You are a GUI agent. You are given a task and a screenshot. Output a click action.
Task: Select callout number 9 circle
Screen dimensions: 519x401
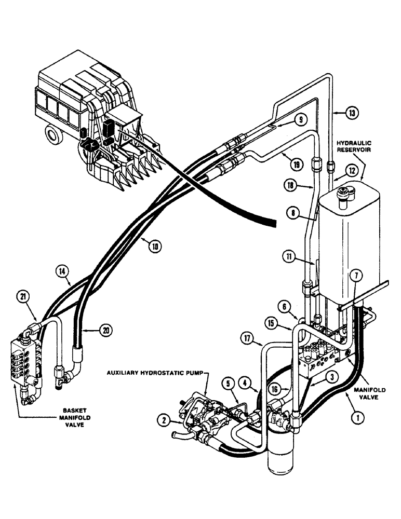tap(300, 119)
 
